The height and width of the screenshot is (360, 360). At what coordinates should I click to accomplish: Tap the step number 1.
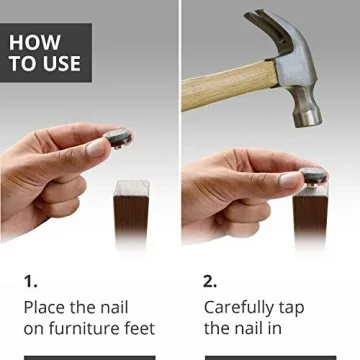(x=30, y=281)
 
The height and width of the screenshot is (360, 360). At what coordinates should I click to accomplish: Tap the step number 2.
(x=211, y=281)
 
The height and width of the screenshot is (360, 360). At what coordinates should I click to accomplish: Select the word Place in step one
(x=46, y=307)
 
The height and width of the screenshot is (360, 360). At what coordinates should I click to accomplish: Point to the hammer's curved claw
(x=262, y=25)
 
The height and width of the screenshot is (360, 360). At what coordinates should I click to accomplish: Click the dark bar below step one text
(x=89, y=357)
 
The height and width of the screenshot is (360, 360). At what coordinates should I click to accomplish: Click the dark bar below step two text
(x=270, y=357)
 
